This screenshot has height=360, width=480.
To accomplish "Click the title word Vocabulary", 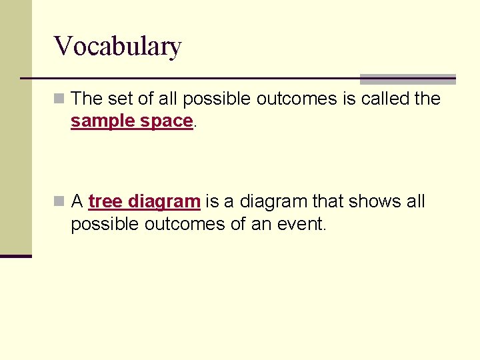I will coord(117,47).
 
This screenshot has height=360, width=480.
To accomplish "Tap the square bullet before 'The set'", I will coord(60,99).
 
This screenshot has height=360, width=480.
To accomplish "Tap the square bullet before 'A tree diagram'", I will coord(60,201).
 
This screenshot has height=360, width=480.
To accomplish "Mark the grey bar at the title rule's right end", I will coord(407,79).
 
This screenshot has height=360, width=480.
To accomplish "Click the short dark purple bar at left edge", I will coord(15,256).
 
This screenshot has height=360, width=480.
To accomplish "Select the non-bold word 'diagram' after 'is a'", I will coord(271,201).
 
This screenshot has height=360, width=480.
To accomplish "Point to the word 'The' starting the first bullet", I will coord(85,99).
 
